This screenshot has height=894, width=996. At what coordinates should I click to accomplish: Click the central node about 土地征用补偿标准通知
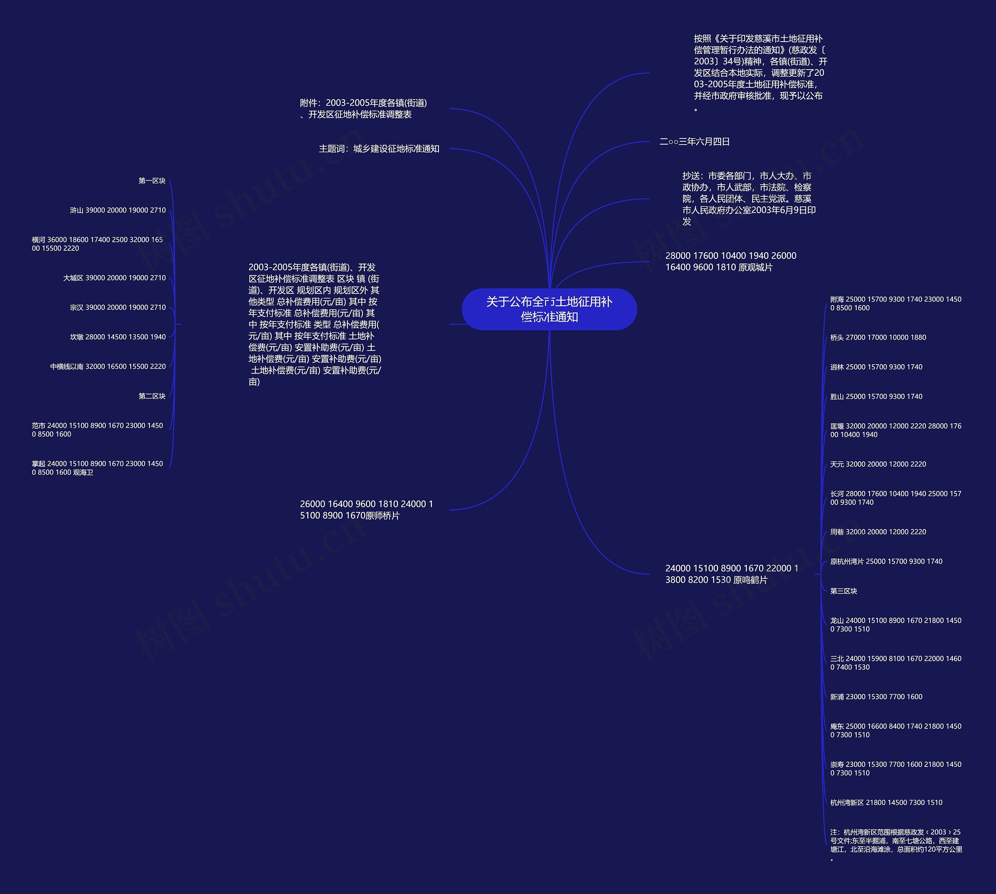[549, 309]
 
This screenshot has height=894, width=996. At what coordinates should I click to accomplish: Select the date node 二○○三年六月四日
[694, 142]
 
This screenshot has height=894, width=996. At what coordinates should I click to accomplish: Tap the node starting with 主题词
[379, 149]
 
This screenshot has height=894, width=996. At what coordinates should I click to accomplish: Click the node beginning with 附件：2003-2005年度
[363, 108]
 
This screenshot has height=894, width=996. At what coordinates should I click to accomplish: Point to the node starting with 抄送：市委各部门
[749, 199]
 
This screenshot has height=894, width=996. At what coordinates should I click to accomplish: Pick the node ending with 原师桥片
[366, 509]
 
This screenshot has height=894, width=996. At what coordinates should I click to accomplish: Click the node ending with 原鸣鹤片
[731, 574]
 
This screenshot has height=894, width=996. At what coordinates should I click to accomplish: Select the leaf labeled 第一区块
[152, 181]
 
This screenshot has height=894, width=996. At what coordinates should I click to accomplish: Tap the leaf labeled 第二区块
[152, 396]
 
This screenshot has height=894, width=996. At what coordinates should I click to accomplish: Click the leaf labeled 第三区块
[843, 591]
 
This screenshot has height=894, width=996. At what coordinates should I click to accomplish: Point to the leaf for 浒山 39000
[118, 210]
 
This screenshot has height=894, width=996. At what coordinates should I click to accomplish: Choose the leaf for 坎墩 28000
[118, 337]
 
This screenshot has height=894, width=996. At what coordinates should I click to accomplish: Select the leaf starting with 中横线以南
[108, 367]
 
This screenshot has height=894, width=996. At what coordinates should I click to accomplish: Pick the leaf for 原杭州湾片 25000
[886, 561]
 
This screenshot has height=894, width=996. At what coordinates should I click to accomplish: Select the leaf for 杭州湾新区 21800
[886, 803]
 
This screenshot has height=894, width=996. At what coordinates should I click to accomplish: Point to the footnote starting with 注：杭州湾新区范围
[896, 845]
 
